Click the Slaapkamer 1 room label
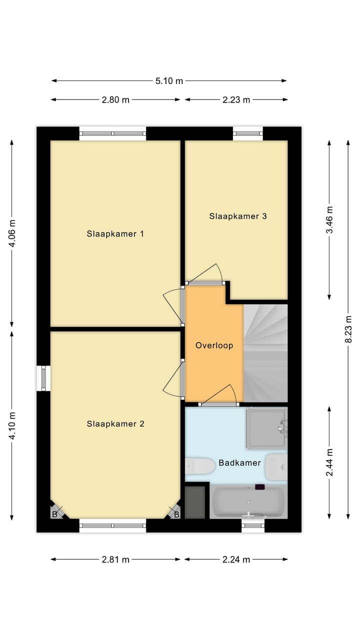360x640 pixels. click(x=115, y=233)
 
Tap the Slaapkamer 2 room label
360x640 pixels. click(x=115, y=424)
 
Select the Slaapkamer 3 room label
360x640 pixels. click(x=238, y=216)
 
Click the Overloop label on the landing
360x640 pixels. click(x=214, y=345)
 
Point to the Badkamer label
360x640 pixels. click(x=239, y=463)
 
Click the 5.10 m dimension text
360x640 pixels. click(x=169, y=81)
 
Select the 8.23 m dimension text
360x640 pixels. click(x=348, y=329)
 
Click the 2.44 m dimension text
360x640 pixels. click(x=329, y=462)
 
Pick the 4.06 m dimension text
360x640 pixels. click(x=12, y=233)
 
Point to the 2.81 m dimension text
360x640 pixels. click(x=115, y=560)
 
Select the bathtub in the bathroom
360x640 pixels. click(x=248, y=502)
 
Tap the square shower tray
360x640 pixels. click(x=266, y=427)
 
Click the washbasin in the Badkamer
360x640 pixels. click(x=276, y=466)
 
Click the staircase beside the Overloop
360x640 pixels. click(x=265, y=352)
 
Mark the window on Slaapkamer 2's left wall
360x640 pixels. click(x=43, y=378)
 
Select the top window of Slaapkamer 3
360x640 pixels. click(x=247, y=133)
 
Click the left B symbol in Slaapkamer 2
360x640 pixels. click(x=55, y=513)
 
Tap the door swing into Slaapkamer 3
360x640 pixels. click(x=206, y=275)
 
